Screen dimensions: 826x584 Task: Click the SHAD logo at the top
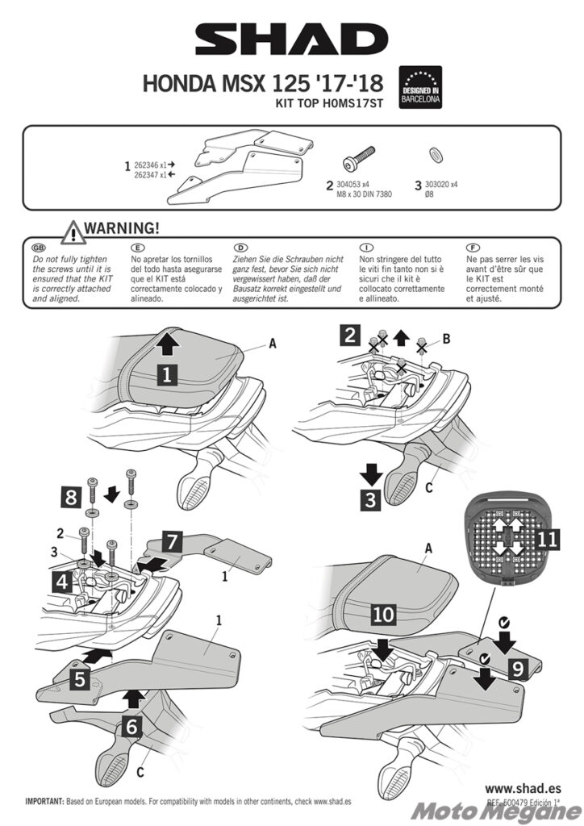point(291,40)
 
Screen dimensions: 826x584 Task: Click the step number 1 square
point(166,373)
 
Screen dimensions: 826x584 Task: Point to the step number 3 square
point(370,499)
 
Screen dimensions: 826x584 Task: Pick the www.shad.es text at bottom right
point(522,787)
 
